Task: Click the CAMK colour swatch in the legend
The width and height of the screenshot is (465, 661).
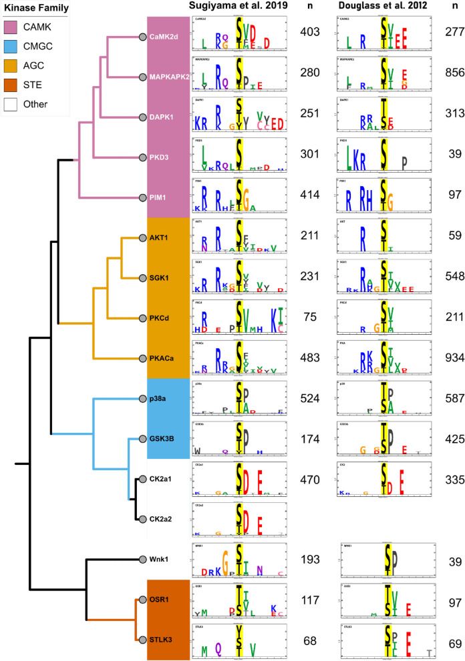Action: (x=13, y=29)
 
